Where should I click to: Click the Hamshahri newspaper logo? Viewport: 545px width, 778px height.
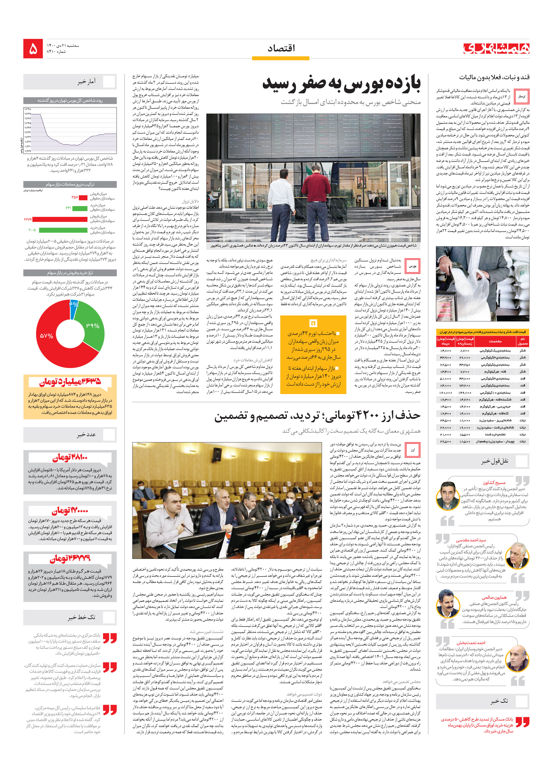496,49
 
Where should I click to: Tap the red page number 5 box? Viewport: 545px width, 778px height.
33,49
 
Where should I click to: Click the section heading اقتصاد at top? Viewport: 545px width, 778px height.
281,49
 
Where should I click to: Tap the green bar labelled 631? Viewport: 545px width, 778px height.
80,208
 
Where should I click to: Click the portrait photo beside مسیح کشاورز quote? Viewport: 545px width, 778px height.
448,495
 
